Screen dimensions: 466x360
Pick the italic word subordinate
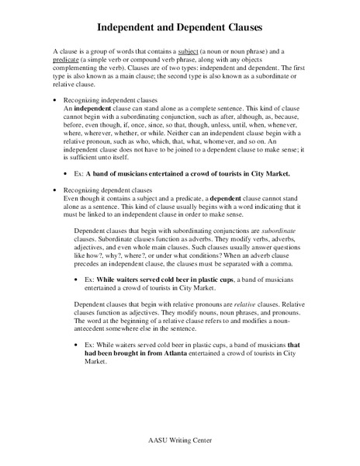click(x=282, y=231)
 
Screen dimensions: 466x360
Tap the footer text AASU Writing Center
click(x=180, y=440)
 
